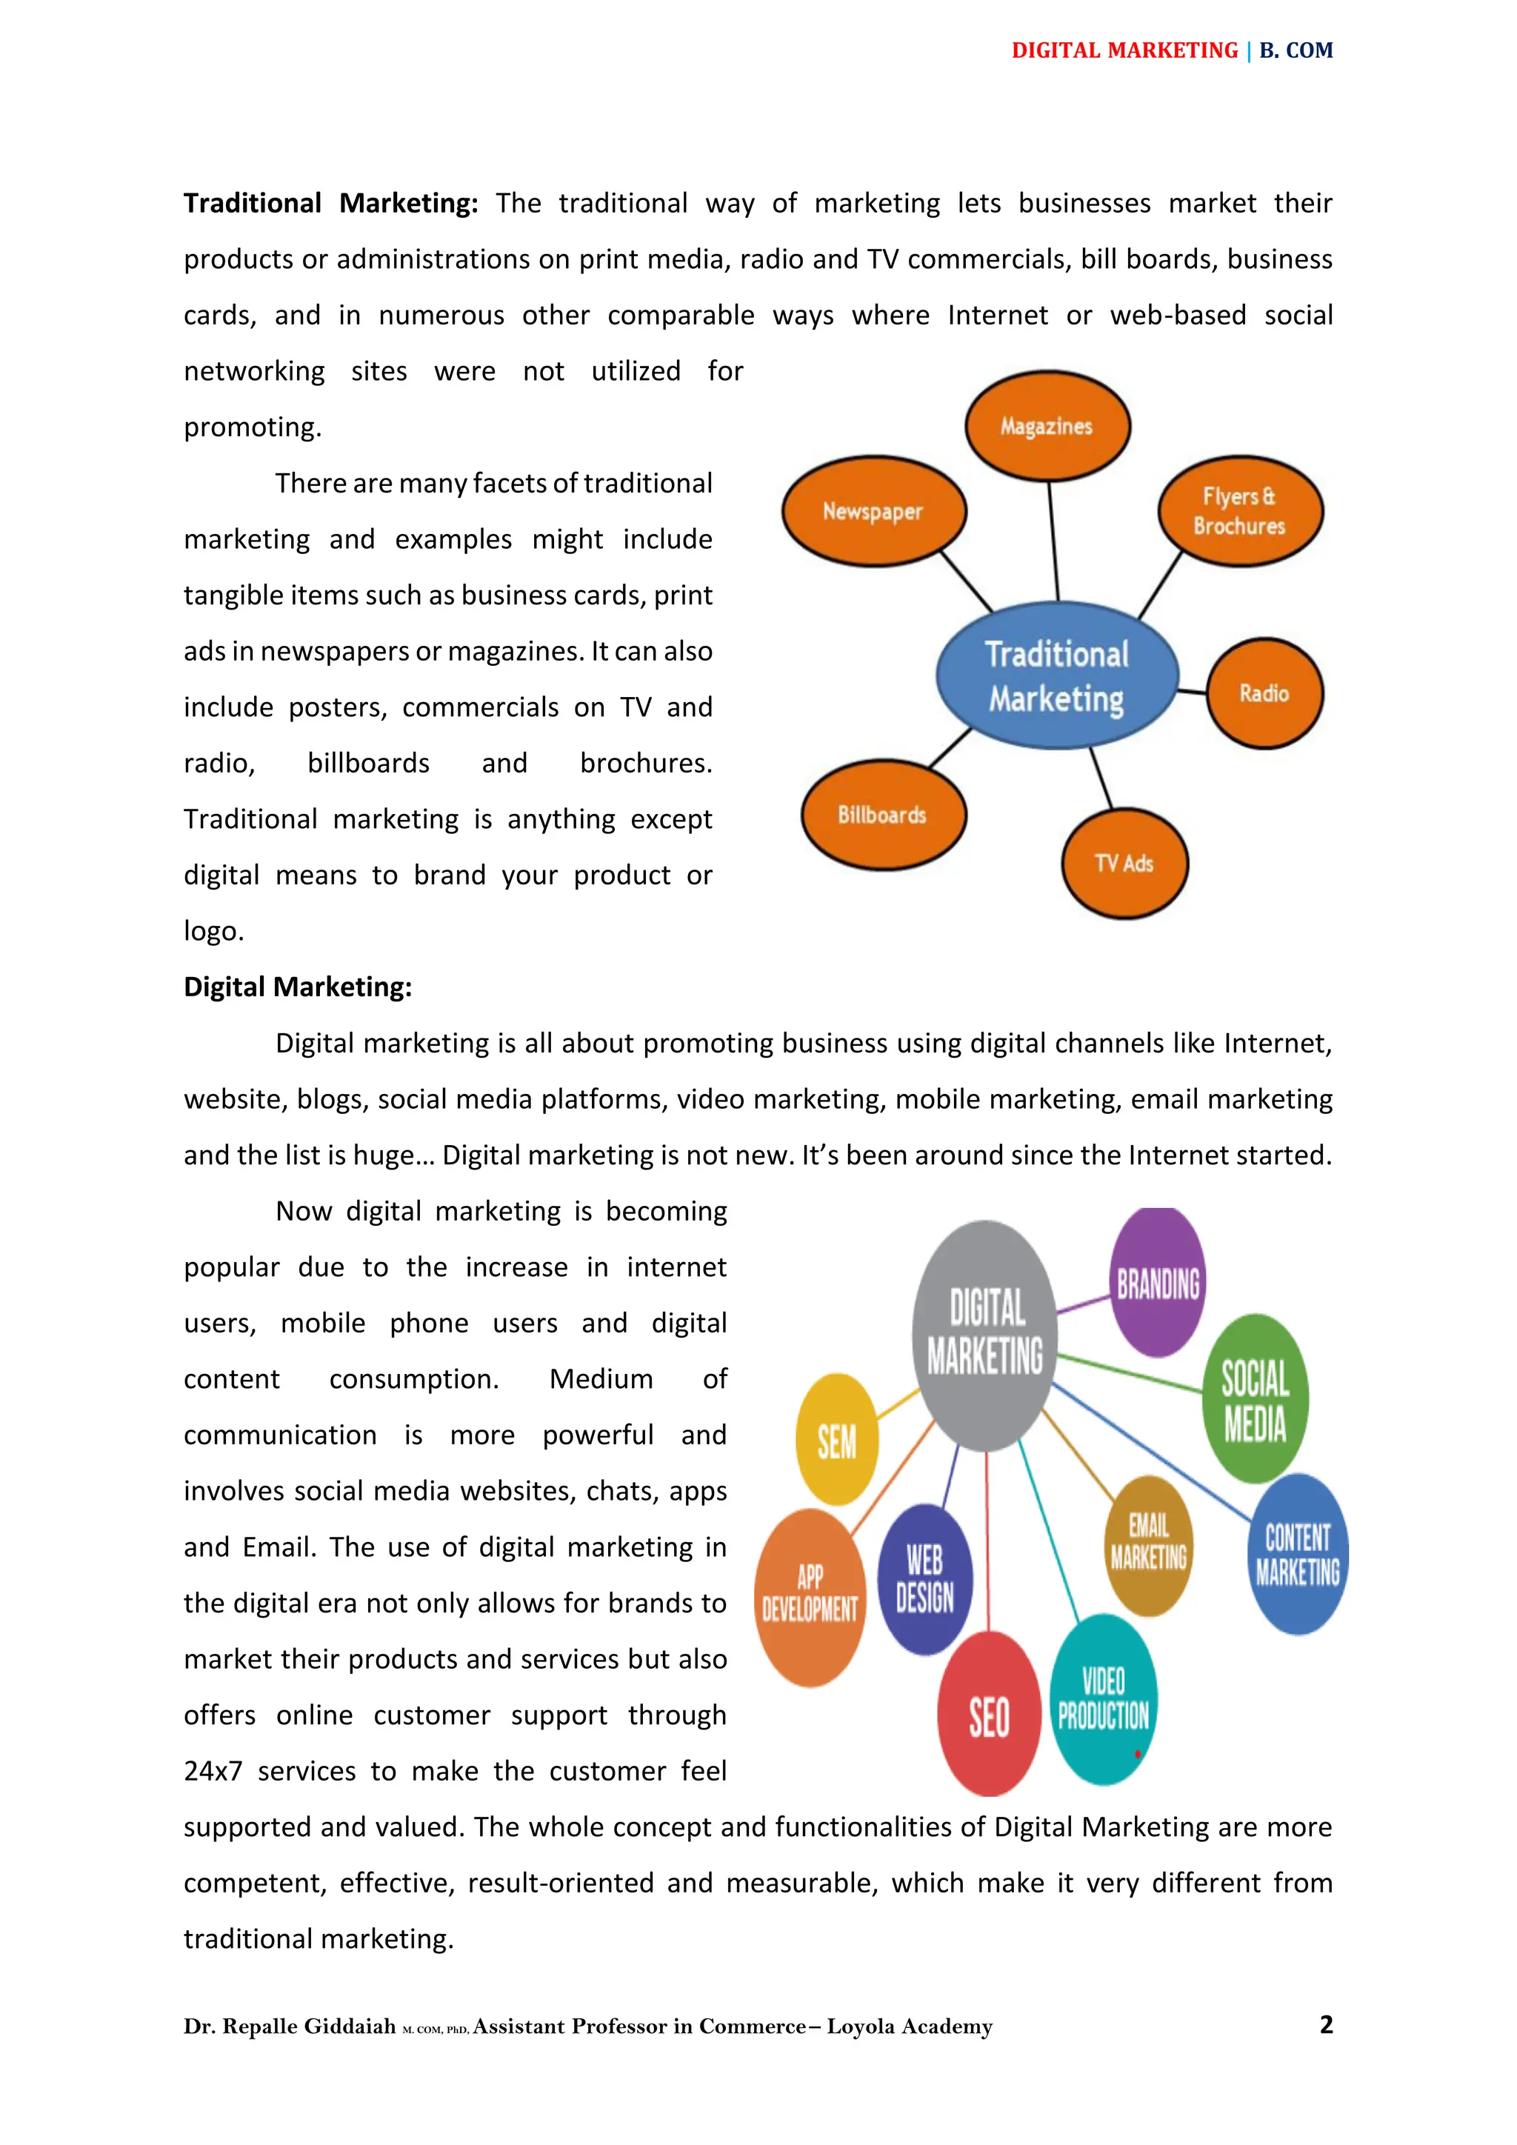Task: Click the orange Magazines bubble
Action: pos(1047,426)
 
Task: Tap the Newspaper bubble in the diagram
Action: pos(873,511)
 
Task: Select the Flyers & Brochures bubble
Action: pos(1239,511)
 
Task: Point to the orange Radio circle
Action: pos(1264,693)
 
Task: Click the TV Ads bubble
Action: pos(1124,863)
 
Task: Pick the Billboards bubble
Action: pos(883,815)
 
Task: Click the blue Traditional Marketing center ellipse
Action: pos(1056,675)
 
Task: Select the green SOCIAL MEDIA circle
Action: pos(1255,1399)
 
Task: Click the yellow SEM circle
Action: pos(837,1440)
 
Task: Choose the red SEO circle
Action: pos(989,1715)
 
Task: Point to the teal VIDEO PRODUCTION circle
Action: pos(1103,1699)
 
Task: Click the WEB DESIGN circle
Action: pos(924,1580)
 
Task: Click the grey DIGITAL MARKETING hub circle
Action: pos(985,1333)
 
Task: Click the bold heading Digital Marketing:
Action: pos(297,987)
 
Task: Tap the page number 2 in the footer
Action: pos(1325,2024)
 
